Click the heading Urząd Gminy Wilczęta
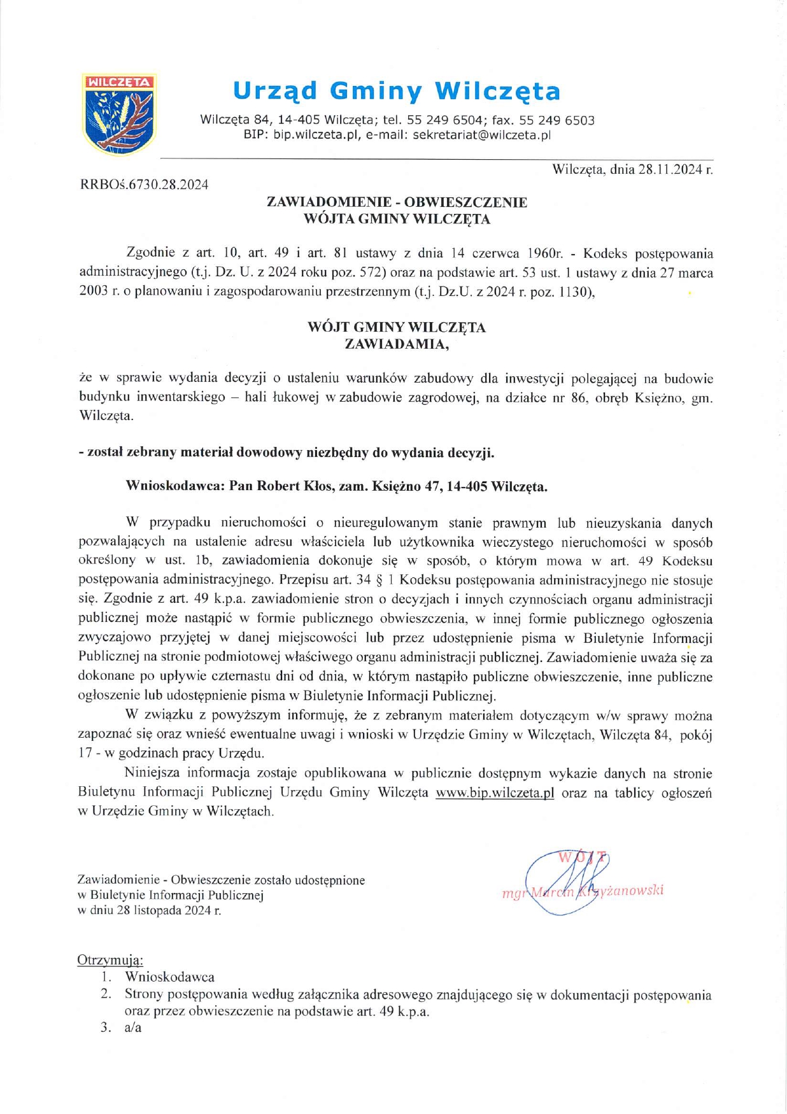click(x=396, y=91)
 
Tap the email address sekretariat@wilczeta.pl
click(x=481, y=135)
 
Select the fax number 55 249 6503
click(x=557, y=120)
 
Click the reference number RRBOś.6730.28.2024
click(x=144, y=185)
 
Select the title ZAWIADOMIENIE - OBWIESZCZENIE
click(x=397, y=202)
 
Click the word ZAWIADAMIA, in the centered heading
click(x=397, y=344)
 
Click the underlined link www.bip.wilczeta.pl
click(x=495, y=793)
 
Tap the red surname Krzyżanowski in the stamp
click(x=621, y=891)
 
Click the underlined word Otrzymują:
click(x=110, y=959)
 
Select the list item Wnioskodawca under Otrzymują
click(x=169, y=977)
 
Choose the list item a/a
click(x=133, y=1027)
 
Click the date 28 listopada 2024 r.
click(x=168, y=910)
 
